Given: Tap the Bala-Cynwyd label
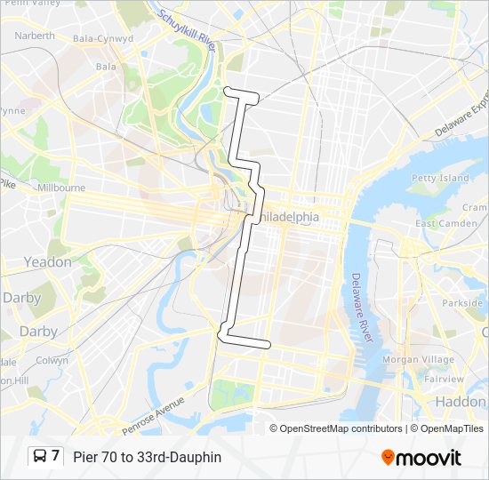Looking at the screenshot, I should [103, 39].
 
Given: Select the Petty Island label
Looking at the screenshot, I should [440, 178].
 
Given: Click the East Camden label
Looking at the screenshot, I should [446, 223].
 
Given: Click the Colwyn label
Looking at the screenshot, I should [52, 361].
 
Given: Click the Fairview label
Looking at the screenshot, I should [444, 379].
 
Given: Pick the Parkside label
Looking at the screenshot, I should [462, 303].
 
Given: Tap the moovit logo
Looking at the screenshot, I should [421, 458].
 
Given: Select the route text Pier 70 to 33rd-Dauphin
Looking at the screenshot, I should [148, 458].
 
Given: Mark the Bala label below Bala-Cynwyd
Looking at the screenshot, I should [105, 67].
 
